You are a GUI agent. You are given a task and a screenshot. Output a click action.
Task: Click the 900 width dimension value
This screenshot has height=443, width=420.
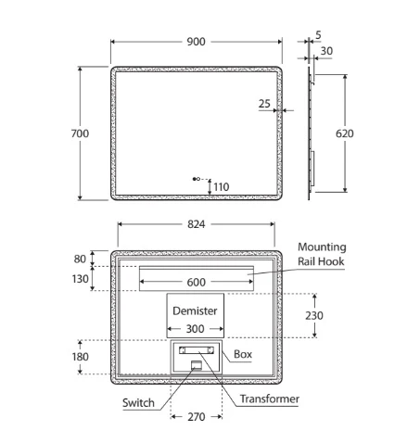[196, 42]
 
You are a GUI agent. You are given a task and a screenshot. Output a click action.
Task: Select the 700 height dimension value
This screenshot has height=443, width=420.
[80, 133]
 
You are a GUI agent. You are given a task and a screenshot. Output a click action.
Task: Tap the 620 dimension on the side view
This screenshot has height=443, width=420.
[345, 133]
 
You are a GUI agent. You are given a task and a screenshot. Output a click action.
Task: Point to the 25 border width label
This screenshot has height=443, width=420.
[264, 104]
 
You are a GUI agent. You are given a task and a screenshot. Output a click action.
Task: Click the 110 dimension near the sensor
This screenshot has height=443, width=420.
[222, 187]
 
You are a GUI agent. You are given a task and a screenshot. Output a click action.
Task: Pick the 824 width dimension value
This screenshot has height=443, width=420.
[196, 224]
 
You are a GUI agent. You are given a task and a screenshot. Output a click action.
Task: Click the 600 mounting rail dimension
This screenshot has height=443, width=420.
[196, 282]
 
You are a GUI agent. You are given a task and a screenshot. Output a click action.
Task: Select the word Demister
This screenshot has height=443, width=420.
[195, 310]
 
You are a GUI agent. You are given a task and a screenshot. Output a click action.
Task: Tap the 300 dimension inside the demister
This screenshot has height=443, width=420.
[195, 329]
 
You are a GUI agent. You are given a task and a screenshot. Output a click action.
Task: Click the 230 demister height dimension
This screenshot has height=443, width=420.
[314, 316]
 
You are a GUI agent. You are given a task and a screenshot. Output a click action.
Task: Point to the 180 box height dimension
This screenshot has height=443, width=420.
[81, 357]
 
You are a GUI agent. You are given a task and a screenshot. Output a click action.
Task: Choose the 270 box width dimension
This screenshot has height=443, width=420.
[197, 417]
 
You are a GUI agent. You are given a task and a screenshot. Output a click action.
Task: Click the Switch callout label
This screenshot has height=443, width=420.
[138, 403]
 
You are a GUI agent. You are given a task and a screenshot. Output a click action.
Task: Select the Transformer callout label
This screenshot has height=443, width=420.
[270, 399]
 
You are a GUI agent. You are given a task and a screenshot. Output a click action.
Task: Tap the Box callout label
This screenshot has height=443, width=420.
[243, 354]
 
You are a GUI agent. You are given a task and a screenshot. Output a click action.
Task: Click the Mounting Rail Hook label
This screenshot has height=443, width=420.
[322, 254]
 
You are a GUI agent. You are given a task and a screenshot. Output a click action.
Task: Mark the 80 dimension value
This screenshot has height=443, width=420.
[80, 259]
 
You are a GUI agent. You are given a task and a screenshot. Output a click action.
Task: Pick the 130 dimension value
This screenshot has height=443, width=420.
[80, 279]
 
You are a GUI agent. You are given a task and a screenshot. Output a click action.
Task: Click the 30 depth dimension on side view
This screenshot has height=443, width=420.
[326, 51]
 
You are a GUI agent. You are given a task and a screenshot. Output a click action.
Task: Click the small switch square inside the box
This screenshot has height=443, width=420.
[197, 364]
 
